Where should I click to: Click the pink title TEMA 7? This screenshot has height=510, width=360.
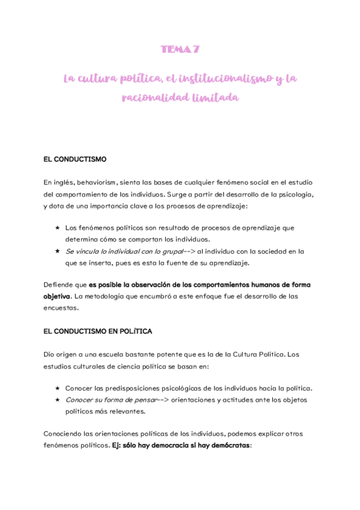pos(180,50)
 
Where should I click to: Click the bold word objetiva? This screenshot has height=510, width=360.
pos(57,296)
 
